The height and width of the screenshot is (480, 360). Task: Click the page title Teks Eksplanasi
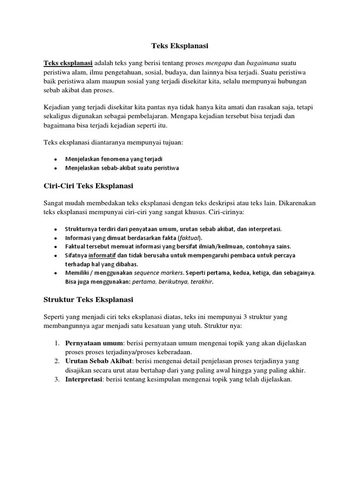pyautogui.click(x=180, y=46)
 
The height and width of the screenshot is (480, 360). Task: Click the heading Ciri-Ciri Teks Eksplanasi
pyautogui.click(x=88, y=186)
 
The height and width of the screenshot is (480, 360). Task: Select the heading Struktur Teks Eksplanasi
pyautogui.click(x=88, y=299)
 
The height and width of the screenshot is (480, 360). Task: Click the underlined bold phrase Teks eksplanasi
pyautogui.click(x=68, y=63)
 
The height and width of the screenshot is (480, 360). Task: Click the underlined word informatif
pyautogui.click(x=102, y=255)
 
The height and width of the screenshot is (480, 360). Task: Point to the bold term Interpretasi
pyautogui.click(x=84, y=379)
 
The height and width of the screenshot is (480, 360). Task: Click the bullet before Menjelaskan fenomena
pyautogui.click(x=56, y=159)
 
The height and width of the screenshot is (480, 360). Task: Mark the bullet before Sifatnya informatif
pyautogui.click(x=56, y=255)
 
